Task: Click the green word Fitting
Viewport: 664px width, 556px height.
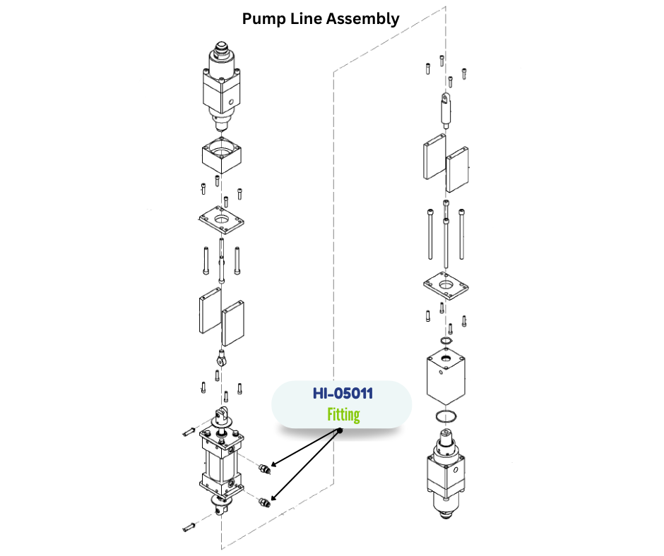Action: pyautogui.click(x=343, y=414)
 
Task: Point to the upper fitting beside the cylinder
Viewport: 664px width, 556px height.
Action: pyautogui.click(x=264, y=468)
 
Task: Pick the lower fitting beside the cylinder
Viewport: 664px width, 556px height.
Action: pyautogui.click(x=264, y=502)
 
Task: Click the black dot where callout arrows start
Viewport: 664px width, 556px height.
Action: pyautogui.click(x=340, y=430)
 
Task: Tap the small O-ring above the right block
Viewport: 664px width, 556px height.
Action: pyautogui.click(x=444, y=342)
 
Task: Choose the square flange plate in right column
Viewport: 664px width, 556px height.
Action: pyautogui.click(x=446, y=287)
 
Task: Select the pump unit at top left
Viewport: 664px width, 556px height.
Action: pyautogui.click(x=223, y=85)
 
